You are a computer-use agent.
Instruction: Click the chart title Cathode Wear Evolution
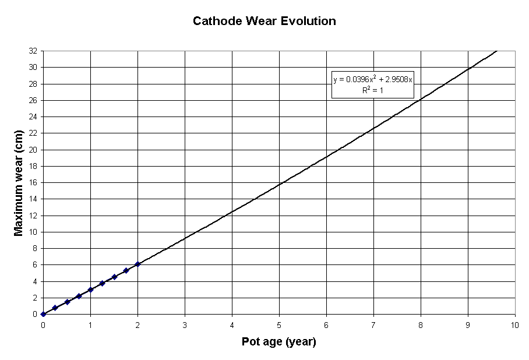264,21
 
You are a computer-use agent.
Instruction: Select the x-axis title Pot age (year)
278,342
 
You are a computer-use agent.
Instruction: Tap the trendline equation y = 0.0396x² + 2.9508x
373,79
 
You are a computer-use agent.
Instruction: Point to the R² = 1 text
372,90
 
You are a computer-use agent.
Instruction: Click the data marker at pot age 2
137,264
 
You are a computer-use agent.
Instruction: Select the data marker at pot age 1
90,290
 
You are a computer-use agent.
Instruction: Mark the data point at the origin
43,314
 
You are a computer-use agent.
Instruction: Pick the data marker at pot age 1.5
114,277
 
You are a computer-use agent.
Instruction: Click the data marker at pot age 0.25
55,308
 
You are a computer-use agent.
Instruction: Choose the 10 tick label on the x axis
514,324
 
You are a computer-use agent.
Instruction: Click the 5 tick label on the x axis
279,324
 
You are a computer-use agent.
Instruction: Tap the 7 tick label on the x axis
373,324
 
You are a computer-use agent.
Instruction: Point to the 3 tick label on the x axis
185,324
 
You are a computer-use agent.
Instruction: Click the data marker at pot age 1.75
126,270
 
